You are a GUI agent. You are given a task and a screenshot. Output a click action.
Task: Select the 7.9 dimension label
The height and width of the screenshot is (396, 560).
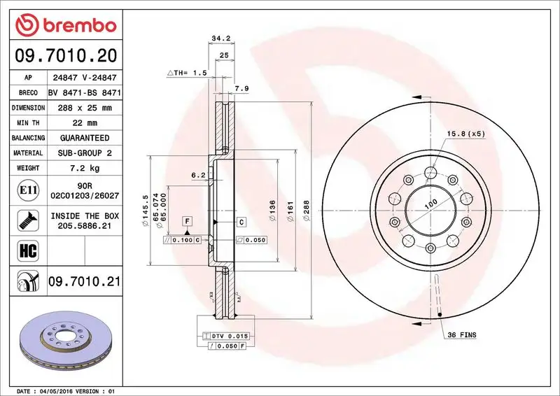(241, 88)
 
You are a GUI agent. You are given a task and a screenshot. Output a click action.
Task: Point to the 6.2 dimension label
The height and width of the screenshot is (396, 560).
(198, 175)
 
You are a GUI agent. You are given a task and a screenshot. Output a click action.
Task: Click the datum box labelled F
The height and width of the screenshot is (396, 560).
(188, 222)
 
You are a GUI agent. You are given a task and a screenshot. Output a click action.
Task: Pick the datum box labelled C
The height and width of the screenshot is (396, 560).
(240, 222)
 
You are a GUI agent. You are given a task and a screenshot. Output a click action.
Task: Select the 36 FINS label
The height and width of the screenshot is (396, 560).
(461, 336)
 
